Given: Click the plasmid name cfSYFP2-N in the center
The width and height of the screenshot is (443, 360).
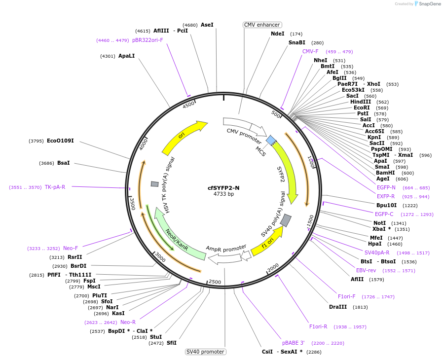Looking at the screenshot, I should pyautogui.click(x=223, y=188).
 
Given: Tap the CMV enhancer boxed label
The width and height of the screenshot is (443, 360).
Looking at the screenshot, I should pyautogui.click(x=262, y=25).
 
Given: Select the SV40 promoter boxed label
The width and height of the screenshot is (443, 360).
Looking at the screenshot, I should pyautogui.click(x=205, y=352).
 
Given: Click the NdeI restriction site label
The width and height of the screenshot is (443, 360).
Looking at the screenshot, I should pyautogui.click(x=278, y=34).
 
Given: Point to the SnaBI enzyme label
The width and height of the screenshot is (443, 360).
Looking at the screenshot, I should pyautogui.click(x=297, y=42).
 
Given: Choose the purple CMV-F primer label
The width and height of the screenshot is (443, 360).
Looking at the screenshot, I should pyautogui.click(x=310, y=51).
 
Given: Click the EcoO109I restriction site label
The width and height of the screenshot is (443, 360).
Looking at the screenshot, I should pyautogui.click(x=60, y=141).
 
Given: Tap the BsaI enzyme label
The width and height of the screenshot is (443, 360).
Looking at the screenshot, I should pyautogui.click(x=64, y=163).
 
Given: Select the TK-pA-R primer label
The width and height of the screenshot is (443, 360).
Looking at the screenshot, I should pyautogui.click(x=55, y=187).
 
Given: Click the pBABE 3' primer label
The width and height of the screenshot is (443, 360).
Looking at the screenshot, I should pyautogui.click(x=294, y=343).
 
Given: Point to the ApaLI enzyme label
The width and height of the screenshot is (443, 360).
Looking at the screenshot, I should pyautogui.click(x=126, y=56).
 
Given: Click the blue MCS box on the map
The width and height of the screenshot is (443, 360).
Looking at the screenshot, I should pyautogui.click(x=271, y=140).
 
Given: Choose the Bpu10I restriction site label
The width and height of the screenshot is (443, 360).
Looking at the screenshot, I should pyautogui.click(x=387, y=205).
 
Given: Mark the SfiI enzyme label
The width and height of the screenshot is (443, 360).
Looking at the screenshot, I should pyautogui.click(x=171, y=343).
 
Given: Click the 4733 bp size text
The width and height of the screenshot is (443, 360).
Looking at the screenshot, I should pyautogui.click(x=223, y=194).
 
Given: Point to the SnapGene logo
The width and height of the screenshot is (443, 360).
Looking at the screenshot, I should pyautogui.click(x=427, y=4).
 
